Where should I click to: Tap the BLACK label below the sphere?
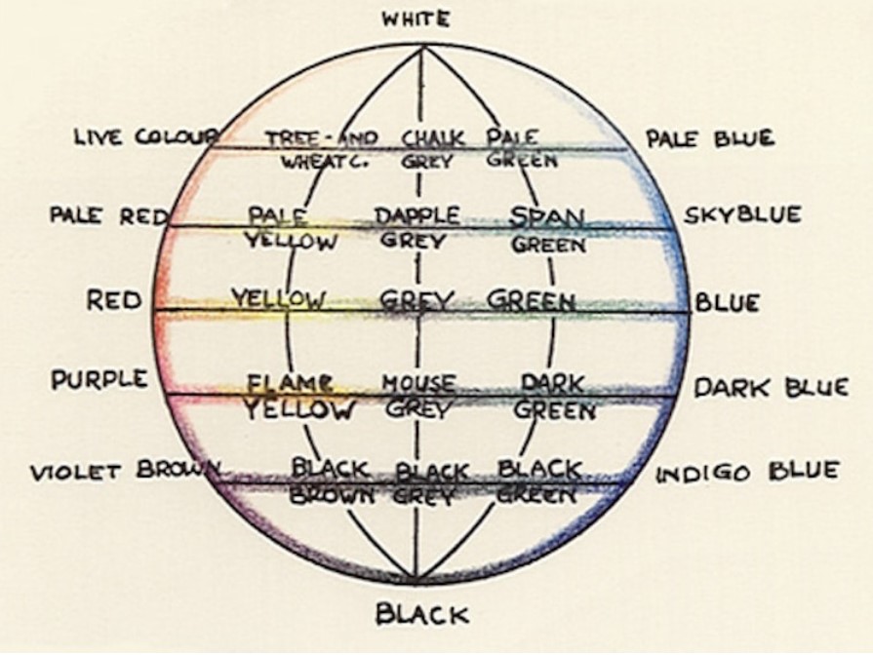click(422, 614)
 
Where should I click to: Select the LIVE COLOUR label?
click(147, 136)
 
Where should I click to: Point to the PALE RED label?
click(109, 215)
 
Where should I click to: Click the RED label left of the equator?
click(114, 300)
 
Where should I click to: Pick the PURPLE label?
click(99, 379)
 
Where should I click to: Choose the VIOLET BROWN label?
click(125, 472)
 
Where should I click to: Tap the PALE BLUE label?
click(710, 138)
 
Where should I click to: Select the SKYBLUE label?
click(742, 214)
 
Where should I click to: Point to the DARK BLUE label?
click(772, 387)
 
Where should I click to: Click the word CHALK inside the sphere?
click(433, 138)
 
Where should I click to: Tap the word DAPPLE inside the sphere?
click(417, 215)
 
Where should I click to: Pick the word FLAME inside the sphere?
click(291, 383)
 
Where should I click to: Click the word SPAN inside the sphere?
click(547, 216)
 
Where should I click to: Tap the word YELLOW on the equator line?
click(278, 299)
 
